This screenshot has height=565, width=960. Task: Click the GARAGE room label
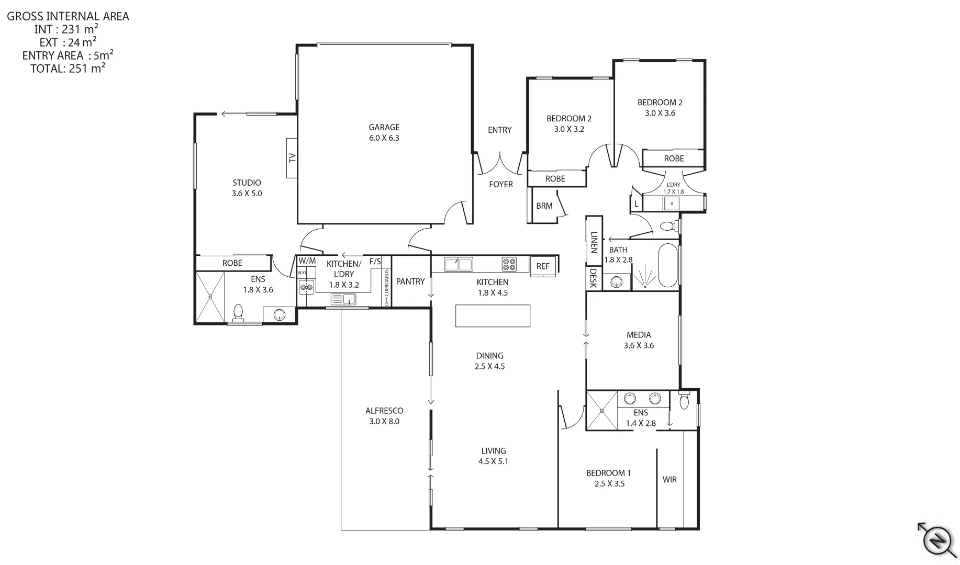pyautogui.click(x=384, y=127)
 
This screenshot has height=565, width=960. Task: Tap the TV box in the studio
pyautogui.click(x=292, y=157)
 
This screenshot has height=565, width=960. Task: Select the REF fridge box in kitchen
pyautogui.click(x=543, y=266)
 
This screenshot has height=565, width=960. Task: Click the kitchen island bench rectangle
pyautogui.click(x=493, y=316)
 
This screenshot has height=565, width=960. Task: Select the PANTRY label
pyautogui.click(x=410, y=281)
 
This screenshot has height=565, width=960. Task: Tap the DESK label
pyautogui.click(x=593, y=278)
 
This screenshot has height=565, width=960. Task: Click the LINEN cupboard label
pyautogui.click(x=594, y=242)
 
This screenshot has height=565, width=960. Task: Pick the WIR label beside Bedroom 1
pyautogui.click(x=669, y=479)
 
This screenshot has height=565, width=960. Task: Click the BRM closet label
pyautogui.click(x=544, y=206)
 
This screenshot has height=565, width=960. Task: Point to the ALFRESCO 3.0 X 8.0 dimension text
pyautogui.click(x=384, y=421)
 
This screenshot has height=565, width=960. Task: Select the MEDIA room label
pyautogui.click(x=639, y=335)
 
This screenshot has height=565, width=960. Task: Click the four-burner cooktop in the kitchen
pyautogui.click(x=509, y=264)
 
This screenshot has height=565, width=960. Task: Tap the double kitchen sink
pyautogui.click(x=458, y=264)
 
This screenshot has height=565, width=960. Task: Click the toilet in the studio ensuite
pyautogui.click(x=238, y=312)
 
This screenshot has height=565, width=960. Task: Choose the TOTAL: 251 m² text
pyautogui.click(x=68, y=68)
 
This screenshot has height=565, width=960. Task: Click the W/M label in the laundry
pyautogui.click(x=307, y=261)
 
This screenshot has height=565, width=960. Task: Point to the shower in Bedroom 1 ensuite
pyautogui.click(x=601, y=411)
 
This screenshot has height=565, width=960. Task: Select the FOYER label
pyautogui.click(x=500, y=184)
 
